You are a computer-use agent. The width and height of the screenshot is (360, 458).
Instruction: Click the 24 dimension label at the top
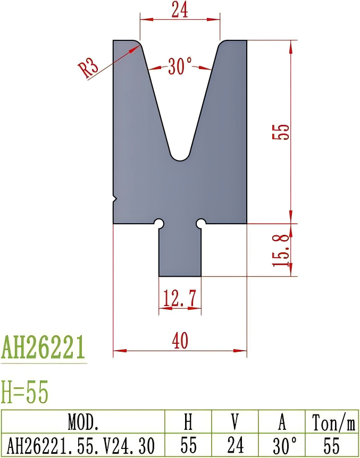tap(180, 10)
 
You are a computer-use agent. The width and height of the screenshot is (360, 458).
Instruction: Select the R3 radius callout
tap(89, 69)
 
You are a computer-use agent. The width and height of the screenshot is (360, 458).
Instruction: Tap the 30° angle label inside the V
tap(180, 67)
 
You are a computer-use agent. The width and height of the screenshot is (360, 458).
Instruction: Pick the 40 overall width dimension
tap(180, 341)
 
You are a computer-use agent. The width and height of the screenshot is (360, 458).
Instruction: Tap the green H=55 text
tap(25, 393)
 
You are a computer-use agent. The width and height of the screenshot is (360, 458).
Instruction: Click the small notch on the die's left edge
tap(115, 198)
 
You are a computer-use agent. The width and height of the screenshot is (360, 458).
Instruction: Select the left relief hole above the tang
tap(158, 223)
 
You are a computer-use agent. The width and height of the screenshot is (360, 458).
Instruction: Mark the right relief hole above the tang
tap(202, 223)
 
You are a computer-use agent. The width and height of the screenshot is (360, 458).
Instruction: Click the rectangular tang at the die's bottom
tap(180, 252)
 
